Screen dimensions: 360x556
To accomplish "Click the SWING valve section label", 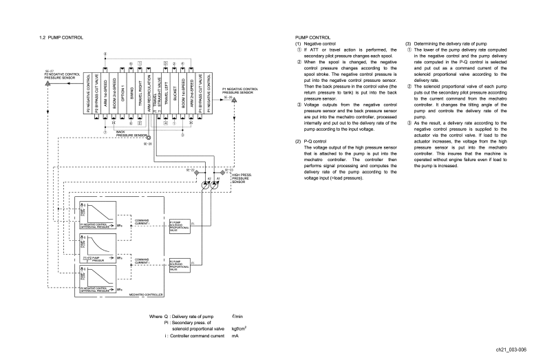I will pos(131,94).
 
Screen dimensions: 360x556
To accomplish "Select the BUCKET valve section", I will pos(175,94).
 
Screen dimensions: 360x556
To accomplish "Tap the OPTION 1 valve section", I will pos(122,94).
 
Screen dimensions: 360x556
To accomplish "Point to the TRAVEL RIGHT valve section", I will pos(140,94).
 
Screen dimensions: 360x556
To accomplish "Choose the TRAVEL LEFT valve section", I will pos(166,94).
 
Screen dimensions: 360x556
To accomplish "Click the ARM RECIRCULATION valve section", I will pos(149,94).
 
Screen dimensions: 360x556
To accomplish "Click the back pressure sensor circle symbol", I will pos(148,138).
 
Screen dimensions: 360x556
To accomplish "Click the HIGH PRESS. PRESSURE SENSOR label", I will pos(242,179).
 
